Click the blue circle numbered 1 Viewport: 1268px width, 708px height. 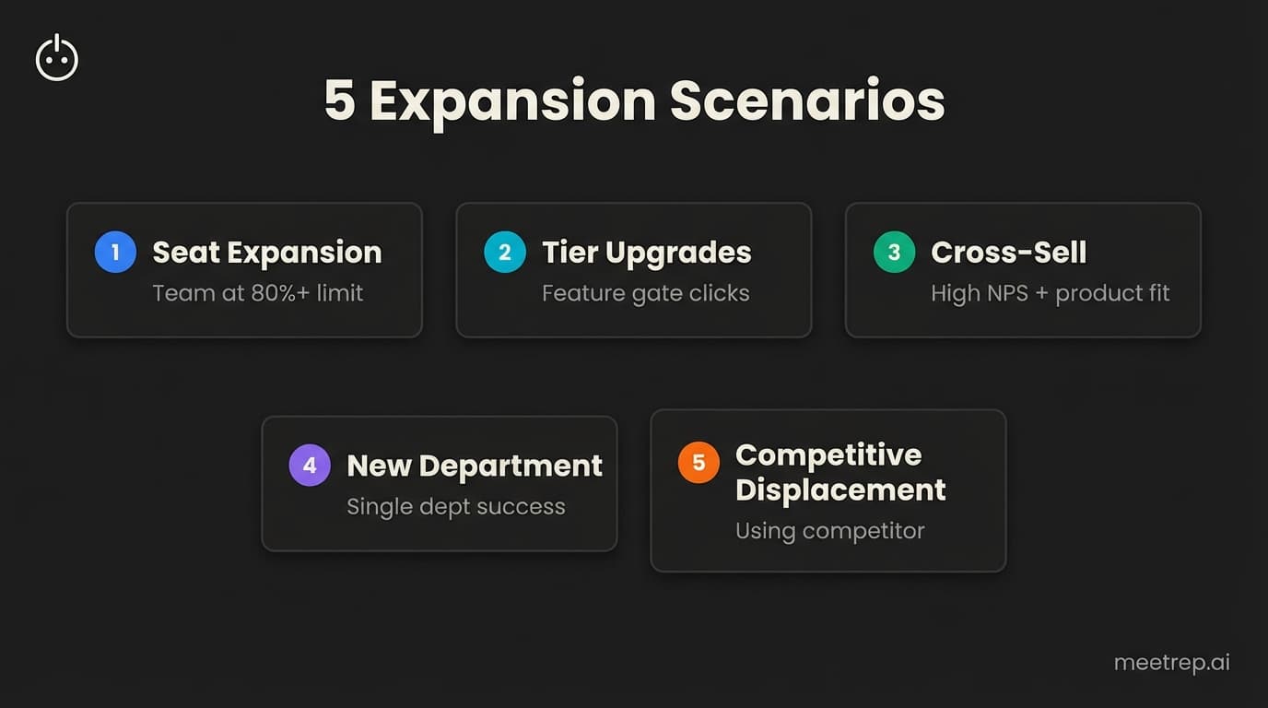pyautogui.click(x=115, y=253)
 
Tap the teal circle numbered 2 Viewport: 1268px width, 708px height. pyautogui.click(x=505, y=253)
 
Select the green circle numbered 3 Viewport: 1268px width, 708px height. pyautogui.click(x=894, y=253)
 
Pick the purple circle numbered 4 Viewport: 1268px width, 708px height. pyautogui.click(x=310, y=466)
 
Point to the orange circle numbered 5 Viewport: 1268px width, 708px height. pyautogui.click(x=699, y=462)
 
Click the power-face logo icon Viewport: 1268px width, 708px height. pyautogui.click(x=57, y=58)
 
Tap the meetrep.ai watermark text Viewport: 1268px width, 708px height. pyautogui.click(x=1171, y=663)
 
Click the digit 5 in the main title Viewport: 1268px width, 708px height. pyautogui.click(x=339, y=100)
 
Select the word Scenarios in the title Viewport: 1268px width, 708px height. pyautogui.click(x=807, y=100)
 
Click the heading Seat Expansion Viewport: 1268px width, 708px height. pyautogui.click(x=266, y=253)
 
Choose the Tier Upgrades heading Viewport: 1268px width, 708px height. pyautogui.click(x=646, y=253)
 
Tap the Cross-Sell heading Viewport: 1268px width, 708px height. pyautogui.click(x=1008, y=253)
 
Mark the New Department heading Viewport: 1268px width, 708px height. pyautogui.click(x=474, y=466)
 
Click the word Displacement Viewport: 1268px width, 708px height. pyautogui.click(x=840, y=490)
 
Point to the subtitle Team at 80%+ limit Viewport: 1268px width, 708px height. pyautogui.click(x=257, y=293)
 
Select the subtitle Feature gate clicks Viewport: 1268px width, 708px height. pyautogui.click(x=645, y=293)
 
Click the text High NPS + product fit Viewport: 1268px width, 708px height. pyautogui.click(x=1050, y=293)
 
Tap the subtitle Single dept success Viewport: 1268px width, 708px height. pyautogui.click(x=455, y=506)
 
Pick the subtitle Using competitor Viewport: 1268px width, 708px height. pyautogui.click(x=829, y=531)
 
